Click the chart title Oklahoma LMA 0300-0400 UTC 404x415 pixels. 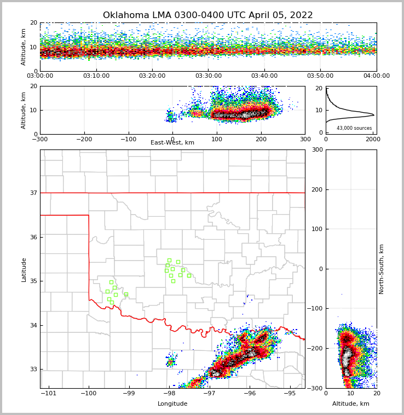(208, 15)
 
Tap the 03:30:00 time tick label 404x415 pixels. (208, 76)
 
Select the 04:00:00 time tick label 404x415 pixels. (377, 76)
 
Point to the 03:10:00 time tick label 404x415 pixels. (96, 76)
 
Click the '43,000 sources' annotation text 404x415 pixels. (354, 128)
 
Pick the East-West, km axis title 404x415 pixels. (172, 143)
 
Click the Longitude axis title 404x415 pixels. (172, 404)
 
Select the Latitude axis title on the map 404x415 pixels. (24, 269)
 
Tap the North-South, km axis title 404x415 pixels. (382, 269)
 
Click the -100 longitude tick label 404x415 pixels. (89, 393)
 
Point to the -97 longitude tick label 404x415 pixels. (209, 393)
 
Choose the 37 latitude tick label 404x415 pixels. (33, 193)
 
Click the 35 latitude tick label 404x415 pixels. (33, 281)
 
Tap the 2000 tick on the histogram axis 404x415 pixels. (373, 139)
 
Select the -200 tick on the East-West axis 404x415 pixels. (84, 139)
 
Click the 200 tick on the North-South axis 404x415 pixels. (316, 189)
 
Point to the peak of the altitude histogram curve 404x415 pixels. (374, 115)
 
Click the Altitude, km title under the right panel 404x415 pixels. (351, 404)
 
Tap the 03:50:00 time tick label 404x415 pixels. (320, 76)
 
